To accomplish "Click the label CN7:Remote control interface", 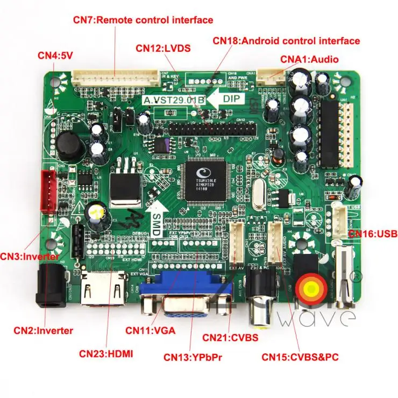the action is [143, 20].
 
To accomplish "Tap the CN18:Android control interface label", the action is [286, 40].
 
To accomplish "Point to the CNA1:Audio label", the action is [309, 59].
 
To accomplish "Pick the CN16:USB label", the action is [372, 233].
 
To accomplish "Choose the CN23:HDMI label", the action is [106, 353].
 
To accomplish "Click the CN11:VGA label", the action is [151, 330].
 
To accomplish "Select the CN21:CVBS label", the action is [231, 337].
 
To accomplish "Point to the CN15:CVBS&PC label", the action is [300, 356].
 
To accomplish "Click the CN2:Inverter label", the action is [43, 330].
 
